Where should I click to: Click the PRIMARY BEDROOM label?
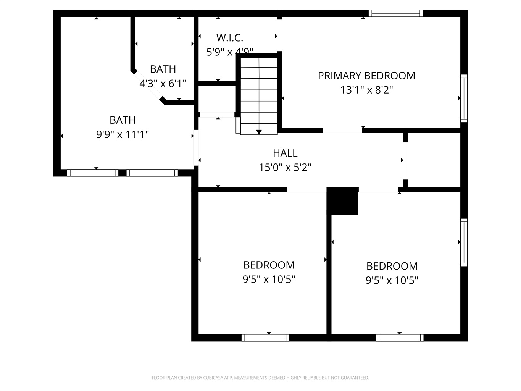(366, 76)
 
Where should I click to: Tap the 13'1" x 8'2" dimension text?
(366, 90)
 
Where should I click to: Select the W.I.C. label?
(230, 38)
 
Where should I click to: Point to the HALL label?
(285, 153)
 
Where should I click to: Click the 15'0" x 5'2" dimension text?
(285, 167)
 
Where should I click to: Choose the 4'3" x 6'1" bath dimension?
(163, 84)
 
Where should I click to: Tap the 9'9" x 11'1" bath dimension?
(123, 135)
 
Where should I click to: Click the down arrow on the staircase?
(259, 132)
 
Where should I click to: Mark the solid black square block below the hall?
(342, 201)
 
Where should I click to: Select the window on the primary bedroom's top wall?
(396, 13)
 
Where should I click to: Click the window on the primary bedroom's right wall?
(464, 98)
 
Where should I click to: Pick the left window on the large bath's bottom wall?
(93, 173)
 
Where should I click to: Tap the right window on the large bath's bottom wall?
(152, 173)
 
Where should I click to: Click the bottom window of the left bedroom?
(265, 338)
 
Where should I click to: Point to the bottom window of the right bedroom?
(400, 338)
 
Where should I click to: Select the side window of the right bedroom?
(464, 242)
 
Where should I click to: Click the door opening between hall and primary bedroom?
(342, 130)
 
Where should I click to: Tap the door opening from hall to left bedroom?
(307, 190)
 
